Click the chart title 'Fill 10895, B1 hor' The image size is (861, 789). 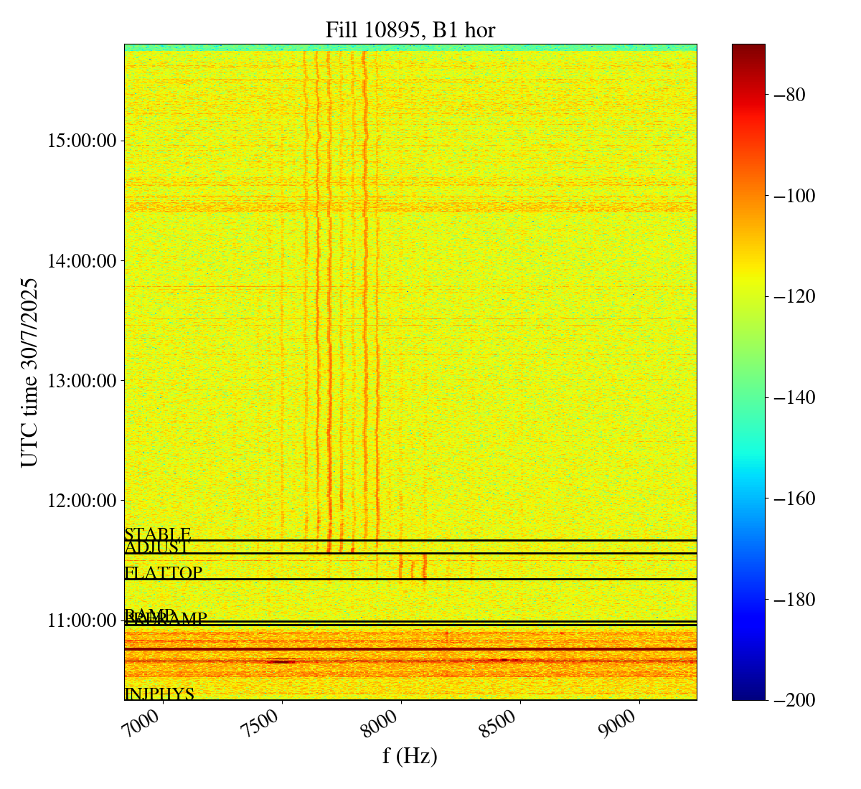(410, 29)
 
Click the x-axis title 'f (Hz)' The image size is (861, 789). (410, 755)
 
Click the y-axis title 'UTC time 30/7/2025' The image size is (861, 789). (29, 372)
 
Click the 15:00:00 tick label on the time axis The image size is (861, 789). (82, 141)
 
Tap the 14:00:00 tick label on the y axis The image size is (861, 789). (82, 260)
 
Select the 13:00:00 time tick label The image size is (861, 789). (82, 380)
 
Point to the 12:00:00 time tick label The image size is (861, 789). (82, 500)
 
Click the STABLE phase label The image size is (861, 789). (157, 534)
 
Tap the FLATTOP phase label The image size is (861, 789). (163, 573)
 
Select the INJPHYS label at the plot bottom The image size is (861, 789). (159, 694)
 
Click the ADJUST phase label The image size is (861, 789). (156, 548)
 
